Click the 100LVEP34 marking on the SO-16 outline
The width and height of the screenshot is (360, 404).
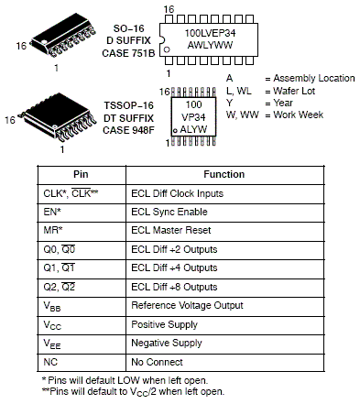pyautogui.click(x=210, y=33)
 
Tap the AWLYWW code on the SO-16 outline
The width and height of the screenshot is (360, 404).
pyautogui.click(x=210, y=45)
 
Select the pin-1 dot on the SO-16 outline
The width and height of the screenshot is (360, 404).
pyautogui.click(x=167, y=49)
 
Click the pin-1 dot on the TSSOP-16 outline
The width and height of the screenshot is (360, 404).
pyautogui.click(x=175, y=131)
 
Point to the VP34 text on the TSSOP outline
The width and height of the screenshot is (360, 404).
pyautogui.click(x=193, y=117)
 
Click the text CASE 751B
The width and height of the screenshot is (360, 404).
pyautogui.click(x=128, y=53)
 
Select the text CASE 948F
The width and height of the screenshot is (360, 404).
pyautogui.click(x=128, y=130)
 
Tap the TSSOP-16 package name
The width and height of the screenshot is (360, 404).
pyautogui.click(x=128, y=105)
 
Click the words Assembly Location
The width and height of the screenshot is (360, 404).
pyautogui.click(x=314, y=79)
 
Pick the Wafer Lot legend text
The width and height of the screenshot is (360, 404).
pyautogui.click(x=294, y=91)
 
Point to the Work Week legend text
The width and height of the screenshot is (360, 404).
pyautogui.click(x=299, y=115)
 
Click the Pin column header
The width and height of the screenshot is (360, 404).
pyautogui.click(x=81, y=174)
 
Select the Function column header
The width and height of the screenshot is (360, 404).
pyautogui.click(x=224, y=174)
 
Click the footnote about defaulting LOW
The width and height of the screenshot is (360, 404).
pyautogui.click(x=125, y=380)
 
